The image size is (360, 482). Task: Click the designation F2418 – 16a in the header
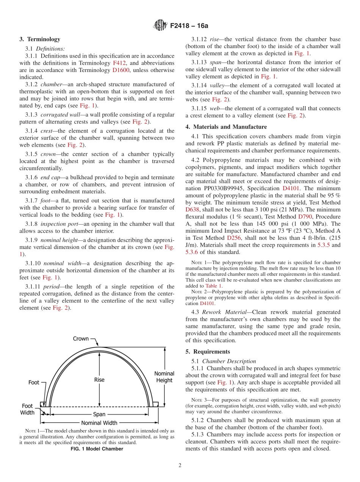(x=189, y=26)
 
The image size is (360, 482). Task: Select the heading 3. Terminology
(x=40, y=39)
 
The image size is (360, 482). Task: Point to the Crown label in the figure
(x=80, y=338)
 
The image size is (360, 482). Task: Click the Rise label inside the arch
(x=99, y=379)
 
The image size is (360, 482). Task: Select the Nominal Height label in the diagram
(x=164, y=377)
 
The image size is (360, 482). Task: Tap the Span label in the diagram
(x=99, y=414)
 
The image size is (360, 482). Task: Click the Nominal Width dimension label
(x=99, y=423)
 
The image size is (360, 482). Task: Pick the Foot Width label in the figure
(x=27, y=409)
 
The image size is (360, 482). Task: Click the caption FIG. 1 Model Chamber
(x=97, y=449)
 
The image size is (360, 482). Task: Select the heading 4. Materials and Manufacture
(x=226, y=127)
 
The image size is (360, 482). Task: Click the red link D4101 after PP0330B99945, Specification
(x=291, y=188)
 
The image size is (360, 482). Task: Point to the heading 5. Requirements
(x=208, y=352)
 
